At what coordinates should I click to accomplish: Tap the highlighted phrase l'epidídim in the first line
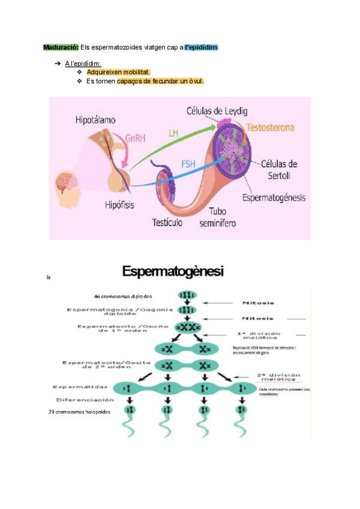[x=201, y=47]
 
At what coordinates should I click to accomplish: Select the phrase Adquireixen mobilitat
[x=118, y=72]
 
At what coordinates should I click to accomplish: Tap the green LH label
[x=173, y=133]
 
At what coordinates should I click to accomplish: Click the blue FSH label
[x=188, y=163]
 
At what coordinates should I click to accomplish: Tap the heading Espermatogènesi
[x=173, y=272]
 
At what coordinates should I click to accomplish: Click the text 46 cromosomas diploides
[x=123, y=296]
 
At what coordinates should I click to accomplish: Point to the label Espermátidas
[x=77, y=387]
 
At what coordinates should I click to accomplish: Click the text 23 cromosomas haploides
[x=80, y=412]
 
